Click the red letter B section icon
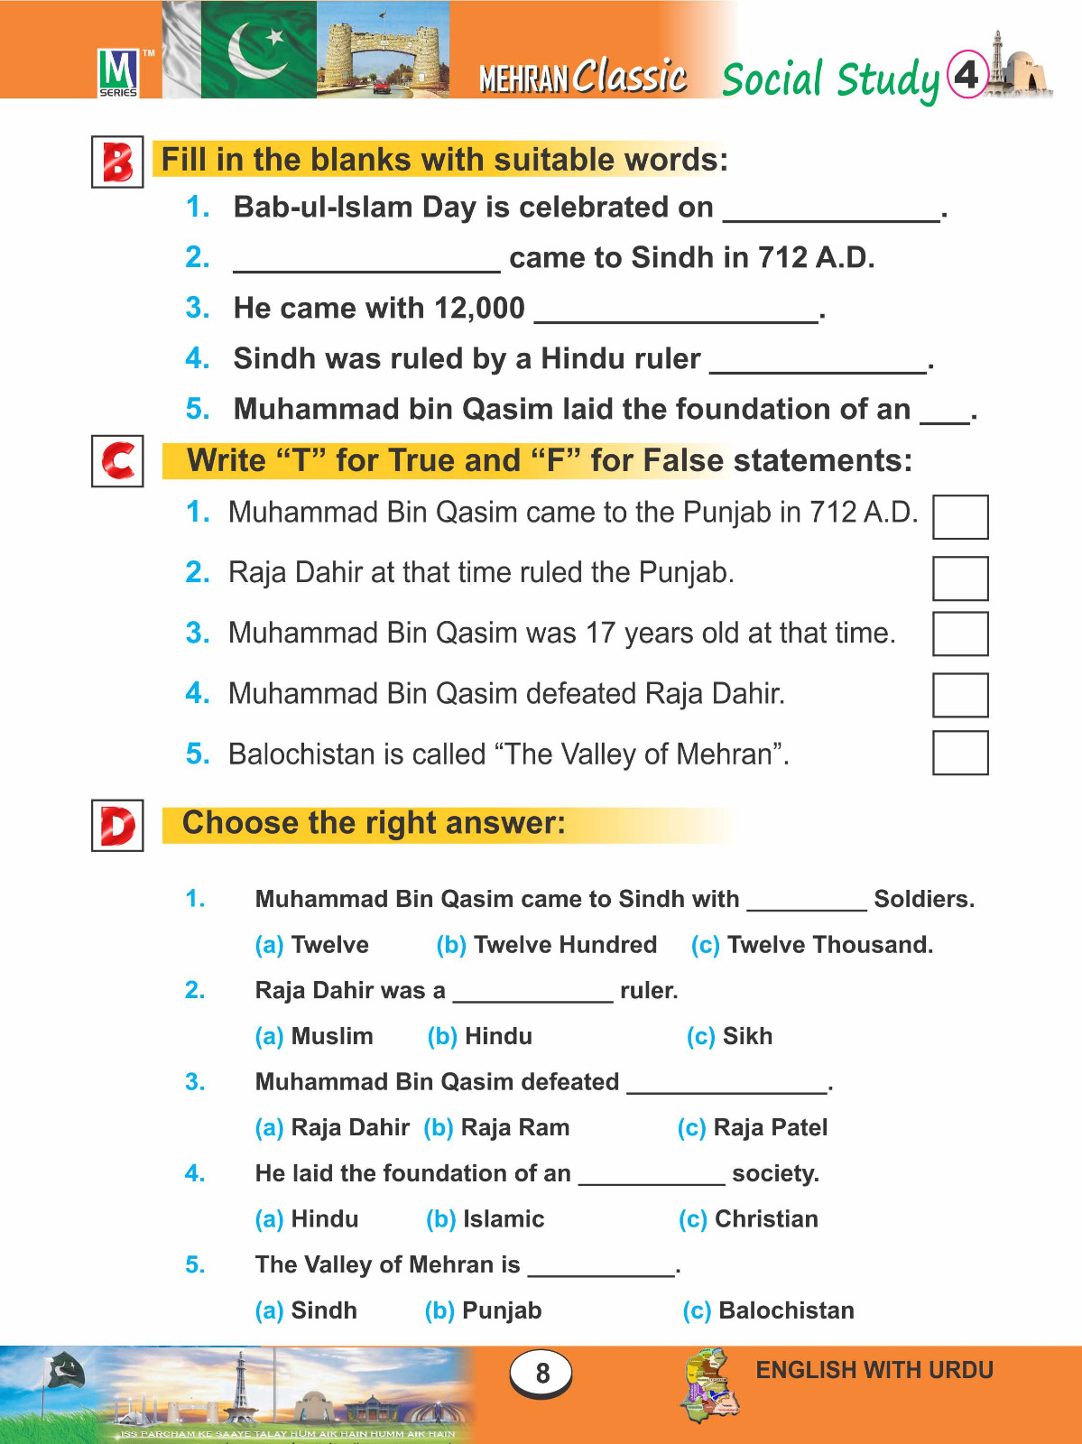tap(117, 162)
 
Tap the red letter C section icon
tap(117, 460)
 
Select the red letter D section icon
tap(117, 825)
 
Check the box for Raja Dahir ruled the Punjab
tap(959, 579)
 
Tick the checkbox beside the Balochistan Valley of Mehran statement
tap(959, 753)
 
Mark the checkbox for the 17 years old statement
tap(959, 634)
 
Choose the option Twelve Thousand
tap(811, 945)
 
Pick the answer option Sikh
tap(730, 1036)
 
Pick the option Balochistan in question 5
tap(768, 1310)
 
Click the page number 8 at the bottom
tap(541, 1373)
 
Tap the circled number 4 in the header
tap(966, 74)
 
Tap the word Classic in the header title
tap(630, 77)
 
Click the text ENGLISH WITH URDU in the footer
tap(874, 1370)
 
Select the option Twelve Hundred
tap(547, 945)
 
